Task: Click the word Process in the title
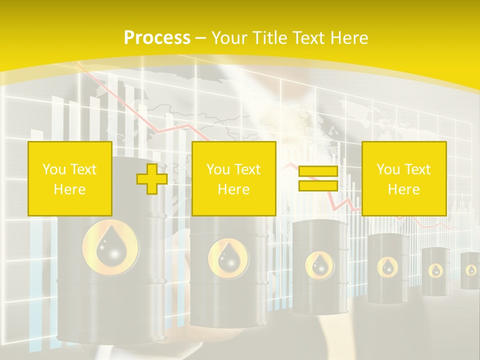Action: pyautogui.click(x=157, y=37)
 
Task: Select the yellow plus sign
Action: pyautogui.click(x=152, y=179)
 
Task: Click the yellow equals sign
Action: pyautogui.click(x=318, y=179)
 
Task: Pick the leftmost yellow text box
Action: pyautogui.click(x=70, y=179)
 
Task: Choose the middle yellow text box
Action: pyautogui.click(x=234, y=179)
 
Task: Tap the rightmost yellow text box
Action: pyautogui.click(x=404, y=179)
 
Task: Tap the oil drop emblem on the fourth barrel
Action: pyautogui.click(x=387, y=266)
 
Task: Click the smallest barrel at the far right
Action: pyautogui.click(x=470, y=270)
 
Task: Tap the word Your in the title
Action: pyautogui.click(x=227, y=37)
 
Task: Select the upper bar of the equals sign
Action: pyautogui.click(x=318, y=171)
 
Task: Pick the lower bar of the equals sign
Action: pyautogui.click(x=318, y=186)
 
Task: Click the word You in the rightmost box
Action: pyautogui.click(x=387, y=169)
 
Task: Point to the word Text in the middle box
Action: pyautogui.click(x=248, y=169)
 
